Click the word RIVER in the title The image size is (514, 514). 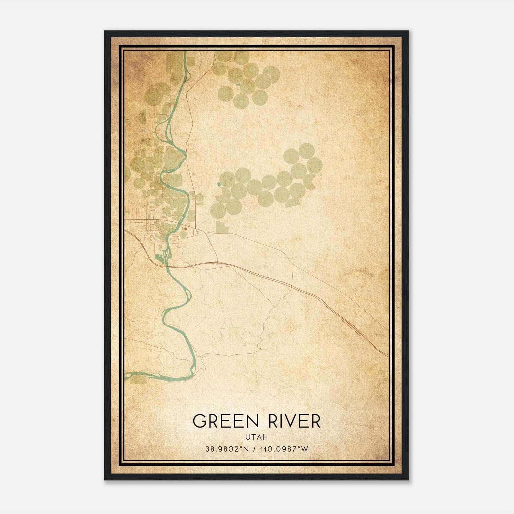pos(294,421)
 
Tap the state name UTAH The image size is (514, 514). pos(256,437)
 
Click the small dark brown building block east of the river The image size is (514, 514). pos(185,229)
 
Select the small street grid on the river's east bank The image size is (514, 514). pos(175,239)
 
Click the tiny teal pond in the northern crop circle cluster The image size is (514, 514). pos(237,84)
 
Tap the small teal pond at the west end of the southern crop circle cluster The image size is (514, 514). pos(219,184)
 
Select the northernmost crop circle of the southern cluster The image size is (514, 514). pos(306,151)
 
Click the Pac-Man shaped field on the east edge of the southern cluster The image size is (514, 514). pos(310,181)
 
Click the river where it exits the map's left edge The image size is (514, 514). pos(126,375)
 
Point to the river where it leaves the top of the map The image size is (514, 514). pos(185,53)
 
